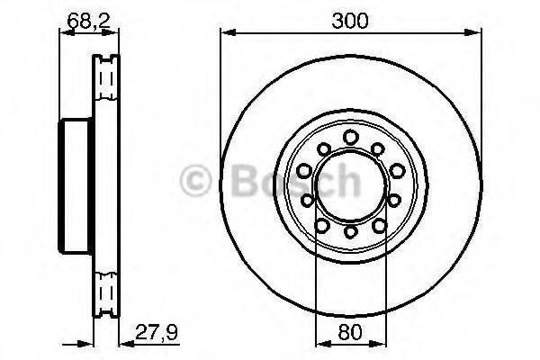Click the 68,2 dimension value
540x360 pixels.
pyautogui.click(x=89, y=17)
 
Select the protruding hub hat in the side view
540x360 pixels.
pyautogui.click(x=75, y=185)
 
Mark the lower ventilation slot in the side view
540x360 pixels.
pyautogui.click(x=107, y=291)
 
